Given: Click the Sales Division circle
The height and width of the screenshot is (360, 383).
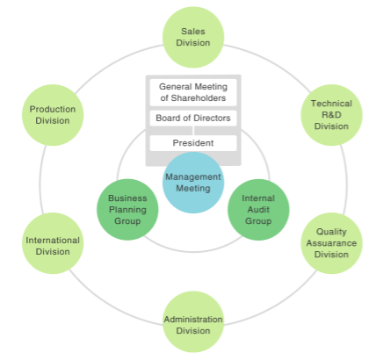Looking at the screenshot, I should pyautogui.click(x=193, y=36).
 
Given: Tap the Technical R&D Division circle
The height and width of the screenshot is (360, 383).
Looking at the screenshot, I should pyautogui.click(x=331, y=114).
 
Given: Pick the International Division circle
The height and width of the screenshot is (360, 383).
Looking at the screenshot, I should pyautogui.click(x=53, y=245).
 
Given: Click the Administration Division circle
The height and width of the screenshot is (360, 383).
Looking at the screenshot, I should pyautogui.click(x=193, y=324).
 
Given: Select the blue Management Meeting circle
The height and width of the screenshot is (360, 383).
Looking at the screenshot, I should pyautogui.click(x=193, y=183).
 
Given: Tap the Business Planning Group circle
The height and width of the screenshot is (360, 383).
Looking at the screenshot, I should pyautogui.click(x=126, y=210).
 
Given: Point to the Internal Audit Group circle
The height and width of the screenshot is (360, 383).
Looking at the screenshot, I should pyautogui.click(x=258, y=210).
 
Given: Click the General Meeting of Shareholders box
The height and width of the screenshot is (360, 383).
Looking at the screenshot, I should pyautogui.click(x=192, y=91).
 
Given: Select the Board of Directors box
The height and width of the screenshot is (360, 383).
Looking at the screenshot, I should pyautogui.click(x=192, y=118).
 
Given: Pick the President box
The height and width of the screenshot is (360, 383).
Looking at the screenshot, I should pyautogui.click(x=192, y=142).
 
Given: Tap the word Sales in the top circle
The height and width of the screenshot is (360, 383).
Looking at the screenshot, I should pyautogui.click(x=193, y=31).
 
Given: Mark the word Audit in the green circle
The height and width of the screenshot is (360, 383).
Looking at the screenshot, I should pyautogui.click(x=258, y=210).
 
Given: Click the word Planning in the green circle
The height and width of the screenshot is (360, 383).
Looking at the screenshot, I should pyautogui.click(x=126, y=210).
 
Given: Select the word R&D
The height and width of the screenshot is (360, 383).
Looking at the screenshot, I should pyautogui.click(x=331, y=114).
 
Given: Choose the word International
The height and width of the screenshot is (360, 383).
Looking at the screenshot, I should pyautogui.click(x=53, y=240).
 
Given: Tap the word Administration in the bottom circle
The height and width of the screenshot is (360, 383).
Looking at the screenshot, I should pyautogui.click(x=193, y=319).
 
